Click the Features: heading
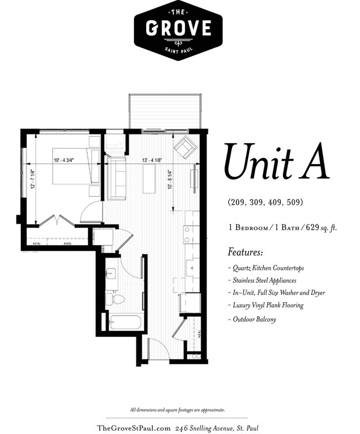245,252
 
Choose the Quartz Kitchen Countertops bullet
265,268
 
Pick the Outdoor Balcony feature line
252,319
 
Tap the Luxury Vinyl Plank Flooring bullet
265,305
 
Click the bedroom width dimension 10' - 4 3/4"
64,161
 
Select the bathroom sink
111,274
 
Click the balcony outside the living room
164,111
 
